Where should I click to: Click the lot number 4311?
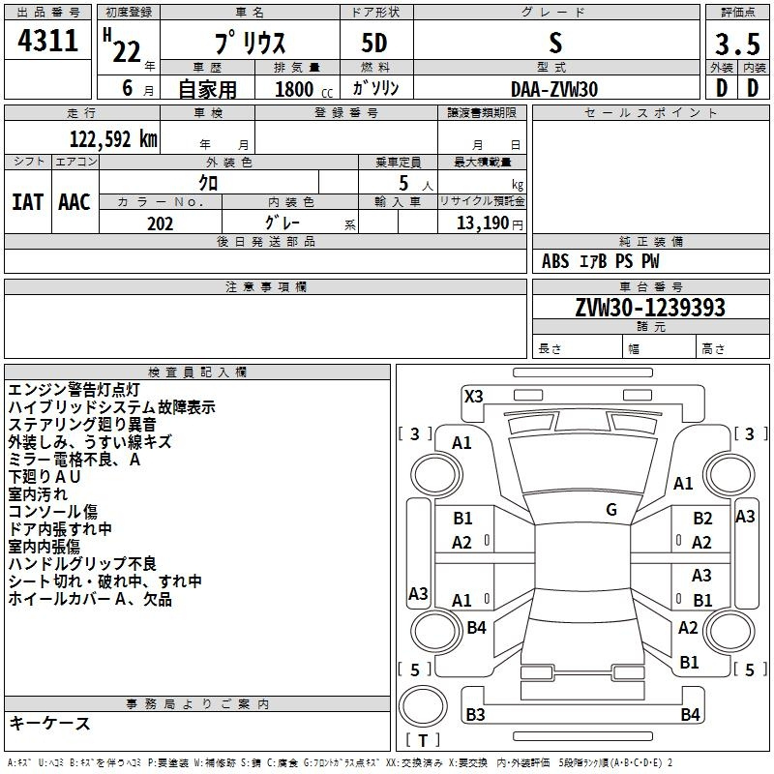click(x=47, y=40)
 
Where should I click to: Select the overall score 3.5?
click(x=737, y=44)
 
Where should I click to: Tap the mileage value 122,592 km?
click(x=113, y=139)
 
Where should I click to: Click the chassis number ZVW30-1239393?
click(x=650, y=308)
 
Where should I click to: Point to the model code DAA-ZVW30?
click(x=554, y=89)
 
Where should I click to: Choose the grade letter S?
click(x=555, y=43)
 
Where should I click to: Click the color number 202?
click(x=160, y=223)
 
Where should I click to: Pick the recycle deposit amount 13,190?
click(x=483, y=223)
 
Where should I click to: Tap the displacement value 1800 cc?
click(x=304, y=89)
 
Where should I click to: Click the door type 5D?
click(x=374, y=43)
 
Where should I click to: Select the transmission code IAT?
click(x=28, y=202)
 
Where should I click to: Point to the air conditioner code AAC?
click(x=74, y=202)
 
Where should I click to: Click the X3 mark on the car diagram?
click(x=474, y=397)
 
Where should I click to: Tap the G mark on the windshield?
click(x=611, y=510)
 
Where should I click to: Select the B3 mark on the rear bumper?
click(x=475, y=714)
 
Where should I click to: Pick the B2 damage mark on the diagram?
click(x=702, y=519)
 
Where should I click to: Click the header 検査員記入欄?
click(x=197, y=372)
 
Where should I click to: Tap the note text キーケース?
click(x=49, y=723)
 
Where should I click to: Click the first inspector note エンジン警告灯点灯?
click(x=74, y=390)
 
